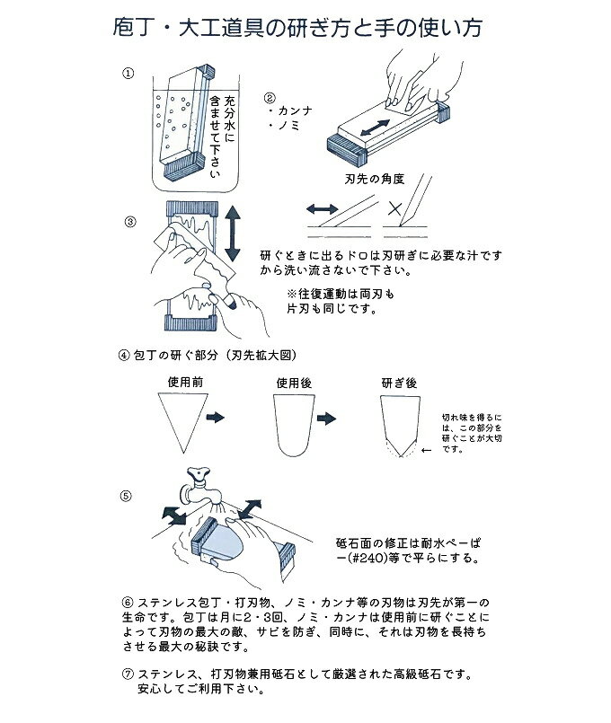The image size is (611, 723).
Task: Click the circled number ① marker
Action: click(x=131, y=72)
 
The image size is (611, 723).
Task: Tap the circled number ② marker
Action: click(x=270, y=97)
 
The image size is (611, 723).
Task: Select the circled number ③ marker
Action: click(x=131, y=221)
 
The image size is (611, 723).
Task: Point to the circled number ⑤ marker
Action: click(x=127, y=495)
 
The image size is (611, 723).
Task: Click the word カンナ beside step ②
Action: click(x=293, y=111)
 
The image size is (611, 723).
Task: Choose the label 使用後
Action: click(x=294, y=382)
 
